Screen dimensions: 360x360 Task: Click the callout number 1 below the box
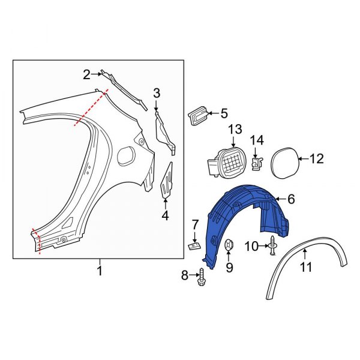(x=100, y=271)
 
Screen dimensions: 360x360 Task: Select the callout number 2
(x=86, y=74)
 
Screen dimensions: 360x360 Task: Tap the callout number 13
(x=234, y=129)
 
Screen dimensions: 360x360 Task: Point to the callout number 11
(x=306, y=267)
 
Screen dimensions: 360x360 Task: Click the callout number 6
(x=290, y=199)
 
